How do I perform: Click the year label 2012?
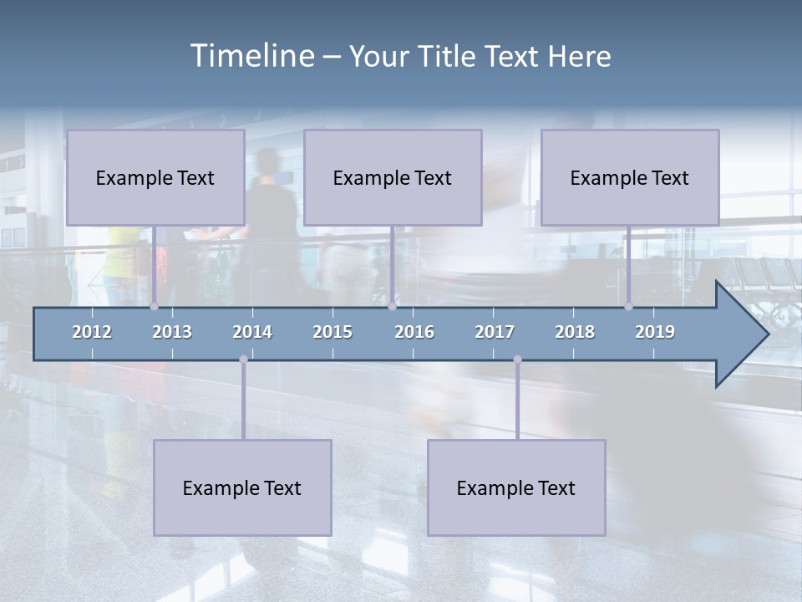pos(92,332)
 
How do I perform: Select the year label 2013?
pos(172,332)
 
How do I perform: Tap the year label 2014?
pos(252,332)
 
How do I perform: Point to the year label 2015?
pos(332,332)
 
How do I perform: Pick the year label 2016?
pos(414,332)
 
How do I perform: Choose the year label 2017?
pos(495,332)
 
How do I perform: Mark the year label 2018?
pos(575,332)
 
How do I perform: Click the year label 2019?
pos(655,332)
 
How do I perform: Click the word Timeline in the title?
pos(251,56)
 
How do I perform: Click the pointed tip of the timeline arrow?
pos(767,334)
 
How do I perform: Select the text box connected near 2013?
pos(155,177)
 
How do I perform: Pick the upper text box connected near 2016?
pos(393,177)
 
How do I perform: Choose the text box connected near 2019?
pos(630,177)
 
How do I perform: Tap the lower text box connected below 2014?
pos(242,487)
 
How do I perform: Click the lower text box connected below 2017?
pos(516,487)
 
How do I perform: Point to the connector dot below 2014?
pos(243,360)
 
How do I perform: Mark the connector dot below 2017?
pos(517,360)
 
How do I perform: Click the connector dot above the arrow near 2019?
pos(628,307)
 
